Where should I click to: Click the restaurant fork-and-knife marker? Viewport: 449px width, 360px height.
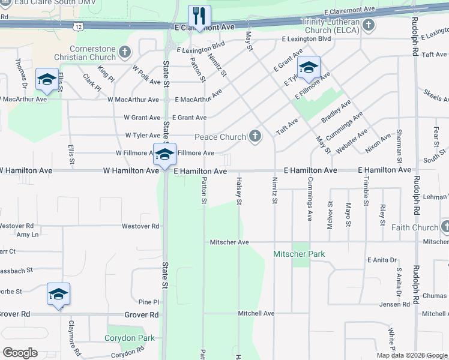[x=198, y=16]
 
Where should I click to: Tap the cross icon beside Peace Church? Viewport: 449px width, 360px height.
[x=255, y=137]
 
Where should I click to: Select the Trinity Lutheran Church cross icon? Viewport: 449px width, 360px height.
[x=369, y=26]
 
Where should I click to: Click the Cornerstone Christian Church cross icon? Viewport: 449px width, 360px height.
[x=125, y=52]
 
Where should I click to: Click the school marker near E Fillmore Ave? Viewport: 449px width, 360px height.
[x=309, y=68]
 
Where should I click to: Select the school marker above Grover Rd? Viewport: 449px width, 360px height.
[x=58, y=295]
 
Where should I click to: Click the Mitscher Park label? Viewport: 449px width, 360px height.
[x=299, y=254]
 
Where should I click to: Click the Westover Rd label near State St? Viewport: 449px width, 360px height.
[x=140, y=226]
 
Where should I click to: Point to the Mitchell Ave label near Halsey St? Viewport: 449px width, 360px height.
[x=256, y=313]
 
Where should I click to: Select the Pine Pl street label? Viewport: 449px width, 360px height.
[x=148, y=302]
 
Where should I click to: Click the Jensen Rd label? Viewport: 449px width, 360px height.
[x=395, y=304]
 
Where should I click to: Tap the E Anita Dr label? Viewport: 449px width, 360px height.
[x=382, y=260]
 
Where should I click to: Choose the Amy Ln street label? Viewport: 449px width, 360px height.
[x=28, y=235]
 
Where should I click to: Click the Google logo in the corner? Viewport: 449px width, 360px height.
[x=20, y=353]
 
